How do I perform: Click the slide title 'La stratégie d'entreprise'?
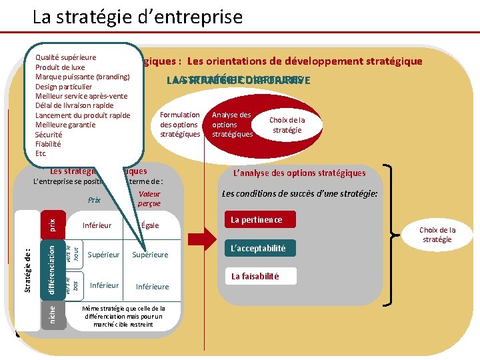pyautogui.click(x=137, y=16)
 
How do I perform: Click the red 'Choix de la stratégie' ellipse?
pyautogui.click(x=287, y=125)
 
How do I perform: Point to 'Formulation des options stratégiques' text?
pyautogui.click(x=180, y=125)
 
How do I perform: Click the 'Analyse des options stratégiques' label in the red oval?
pyautogui.click(x=232, y=125)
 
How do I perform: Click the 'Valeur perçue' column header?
pyautogui.click(x=149, y=199)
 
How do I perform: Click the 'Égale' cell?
pyautogui.click(x=150, y=225)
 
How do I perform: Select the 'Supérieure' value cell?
pyautogui.click(x=150, y=255)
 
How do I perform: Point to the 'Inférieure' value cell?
pyautogui.click(x=152, y=287)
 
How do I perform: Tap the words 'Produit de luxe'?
pyautogui.click(x=60, y=67)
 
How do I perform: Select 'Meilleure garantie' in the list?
pyautogui.click(x=65, y=125)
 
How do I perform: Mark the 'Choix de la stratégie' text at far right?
pyautogui.click(x=437, y=235)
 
